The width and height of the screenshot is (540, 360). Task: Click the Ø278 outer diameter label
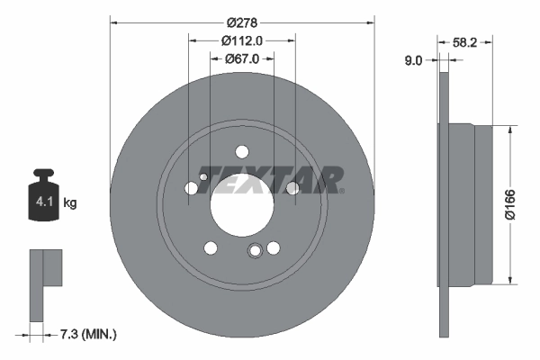[x=241, y=22]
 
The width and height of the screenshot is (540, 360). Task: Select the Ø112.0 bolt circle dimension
[x=241, y=40]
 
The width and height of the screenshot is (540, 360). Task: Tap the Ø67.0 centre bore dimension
[x=241, y=58]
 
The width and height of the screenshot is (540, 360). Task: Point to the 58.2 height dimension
[x=465, y=41]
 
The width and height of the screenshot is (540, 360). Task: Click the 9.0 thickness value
[x=414, y=60]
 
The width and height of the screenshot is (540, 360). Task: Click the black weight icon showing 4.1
[x=43, y=195]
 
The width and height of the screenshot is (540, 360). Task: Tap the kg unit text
[x=70, y=203]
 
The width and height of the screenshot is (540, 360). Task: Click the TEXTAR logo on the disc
[x=270, y=180]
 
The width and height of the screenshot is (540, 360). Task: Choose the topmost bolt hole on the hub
[x=241, y=152]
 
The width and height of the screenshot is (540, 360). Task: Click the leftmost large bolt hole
[x=191, y=188]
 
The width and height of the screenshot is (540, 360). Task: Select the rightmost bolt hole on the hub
[x=292, y=188]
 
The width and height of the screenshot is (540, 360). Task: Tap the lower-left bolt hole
[x=210, y=247]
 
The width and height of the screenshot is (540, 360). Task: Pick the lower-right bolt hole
[x=273, y=247]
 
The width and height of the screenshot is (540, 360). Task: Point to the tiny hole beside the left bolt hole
[x=204, y=177]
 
